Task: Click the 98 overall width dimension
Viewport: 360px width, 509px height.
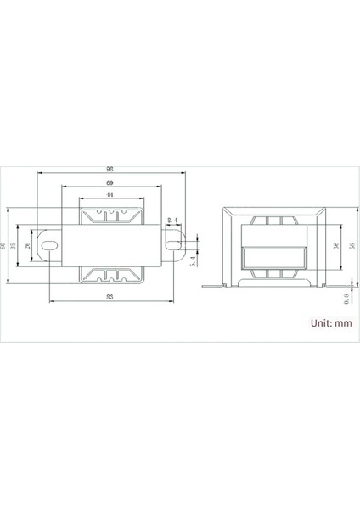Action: (x=112, y=169)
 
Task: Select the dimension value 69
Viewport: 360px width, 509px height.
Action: (x=111, y=183)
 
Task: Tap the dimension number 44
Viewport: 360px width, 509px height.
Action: (x=111, y=194)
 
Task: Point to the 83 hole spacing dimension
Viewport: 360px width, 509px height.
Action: (x=111, y=296)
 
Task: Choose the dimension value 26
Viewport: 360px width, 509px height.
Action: (x=32, y=244)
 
